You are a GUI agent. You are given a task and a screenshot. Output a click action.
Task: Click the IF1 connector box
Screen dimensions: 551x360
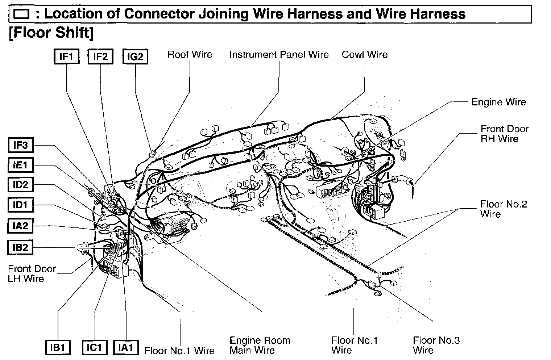tap(66, 56)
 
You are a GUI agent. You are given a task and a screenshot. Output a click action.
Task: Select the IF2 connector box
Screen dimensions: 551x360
tap(100, 56)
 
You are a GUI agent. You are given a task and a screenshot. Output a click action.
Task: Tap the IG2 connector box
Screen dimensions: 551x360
tap(135, 56)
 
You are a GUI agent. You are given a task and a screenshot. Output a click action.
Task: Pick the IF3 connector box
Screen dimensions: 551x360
tap(21, 145)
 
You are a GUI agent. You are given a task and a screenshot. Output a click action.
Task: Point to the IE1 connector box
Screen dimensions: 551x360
tap(21, 165)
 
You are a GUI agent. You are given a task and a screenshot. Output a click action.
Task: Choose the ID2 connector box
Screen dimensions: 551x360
tap(21, 185)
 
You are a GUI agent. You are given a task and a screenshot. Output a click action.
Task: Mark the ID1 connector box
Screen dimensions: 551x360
tap(21, 205)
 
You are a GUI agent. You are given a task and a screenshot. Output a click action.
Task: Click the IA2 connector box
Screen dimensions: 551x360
tap(21, 226)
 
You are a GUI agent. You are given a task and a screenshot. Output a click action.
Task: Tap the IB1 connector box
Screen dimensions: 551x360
tap(58, 348)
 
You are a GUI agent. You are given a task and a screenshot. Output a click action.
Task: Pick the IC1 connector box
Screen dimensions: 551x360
tap(94, 348)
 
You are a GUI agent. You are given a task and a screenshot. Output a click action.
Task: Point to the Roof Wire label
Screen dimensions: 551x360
tap(190, 54)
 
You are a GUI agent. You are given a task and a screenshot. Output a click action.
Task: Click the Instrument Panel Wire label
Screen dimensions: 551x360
tap(279, 54)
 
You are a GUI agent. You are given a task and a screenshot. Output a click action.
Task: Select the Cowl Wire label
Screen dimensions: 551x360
tap(364, 54)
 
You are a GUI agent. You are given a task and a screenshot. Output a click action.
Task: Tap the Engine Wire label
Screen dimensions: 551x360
tap(498, 102)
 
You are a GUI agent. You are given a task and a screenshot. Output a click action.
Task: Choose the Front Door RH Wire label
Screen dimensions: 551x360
tap(504, 134)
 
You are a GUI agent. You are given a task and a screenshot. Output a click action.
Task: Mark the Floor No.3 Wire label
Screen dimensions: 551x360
tap(436, 345)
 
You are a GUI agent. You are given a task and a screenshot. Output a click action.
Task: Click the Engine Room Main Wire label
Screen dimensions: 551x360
tap(260, 345)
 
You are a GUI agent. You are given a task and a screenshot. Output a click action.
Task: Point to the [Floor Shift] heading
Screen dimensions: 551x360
tap(51, 33)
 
